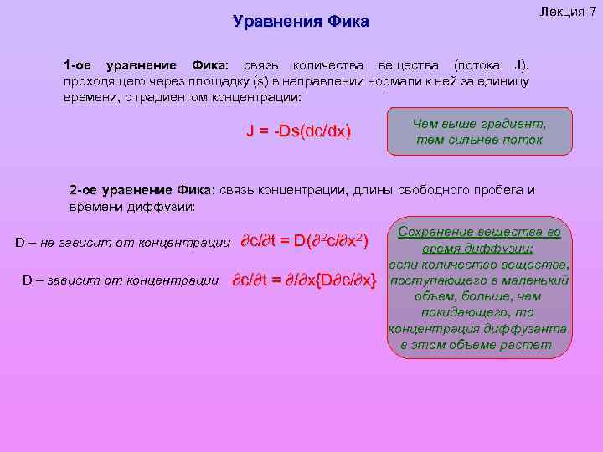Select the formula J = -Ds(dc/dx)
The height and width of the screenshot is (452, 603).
tap(298, 132)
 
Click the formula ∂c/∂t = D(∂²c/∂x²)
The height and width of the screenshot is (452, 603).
tap(305, 242)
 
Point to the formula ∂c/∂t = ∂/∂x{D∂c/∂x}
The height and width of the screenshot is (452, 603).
tap(304, 280)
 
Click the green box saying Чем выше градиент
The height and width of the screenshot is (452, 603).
tap(479, 124)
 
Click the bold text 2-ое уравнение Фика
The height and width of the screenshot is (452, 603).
tap(142, 190)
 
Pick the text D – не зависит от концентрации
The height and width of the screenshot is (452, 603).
tap(122, 243)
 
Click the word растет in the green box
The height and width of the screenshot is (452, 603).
tap(524, 345)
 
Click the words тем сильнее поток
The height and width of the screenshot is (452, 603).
tap(479, 140)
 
